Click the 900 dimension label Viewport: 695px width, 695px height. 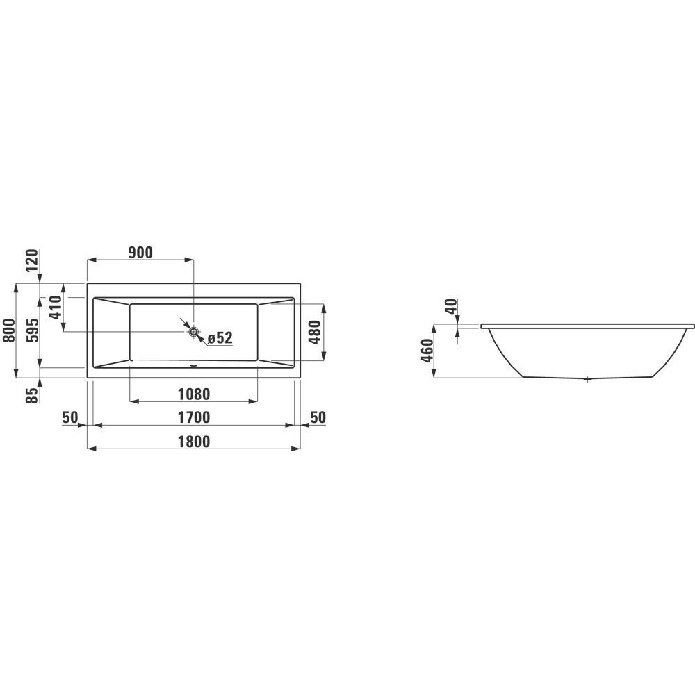(x=140, y=253)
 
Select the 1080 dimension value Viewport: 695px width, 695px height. (x=193, y=394)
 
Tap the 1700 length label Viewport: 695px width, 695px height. (x=193, y=417)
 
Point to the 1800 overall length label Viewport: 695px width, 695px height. (x=193, y=442)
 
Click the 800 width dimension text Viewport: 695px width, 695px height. (x=9, y=330)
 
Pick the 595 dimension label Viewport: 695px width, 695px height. (x=33, y=330)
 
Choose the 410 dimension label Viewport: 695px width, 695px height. (x=56, y=308)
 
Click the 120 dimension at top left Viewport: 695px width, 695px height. (x=33, y=262)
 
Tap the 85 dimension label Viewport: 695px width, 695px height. (x=33, y=395)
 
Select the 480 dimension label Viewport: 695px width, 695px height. (x=314, y=333)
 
